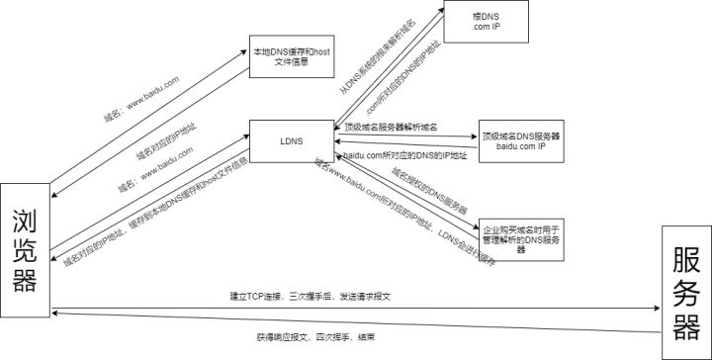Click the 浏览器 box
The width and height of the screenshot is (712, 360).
coord(25,250)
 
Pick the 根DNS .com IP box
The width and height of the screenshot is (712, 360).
coord(485,23)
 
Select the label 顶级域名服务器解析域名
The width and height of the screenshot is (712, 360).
coord(391,128)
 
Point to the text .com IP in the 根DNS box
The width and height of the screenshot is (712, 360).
coord(485,29)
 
